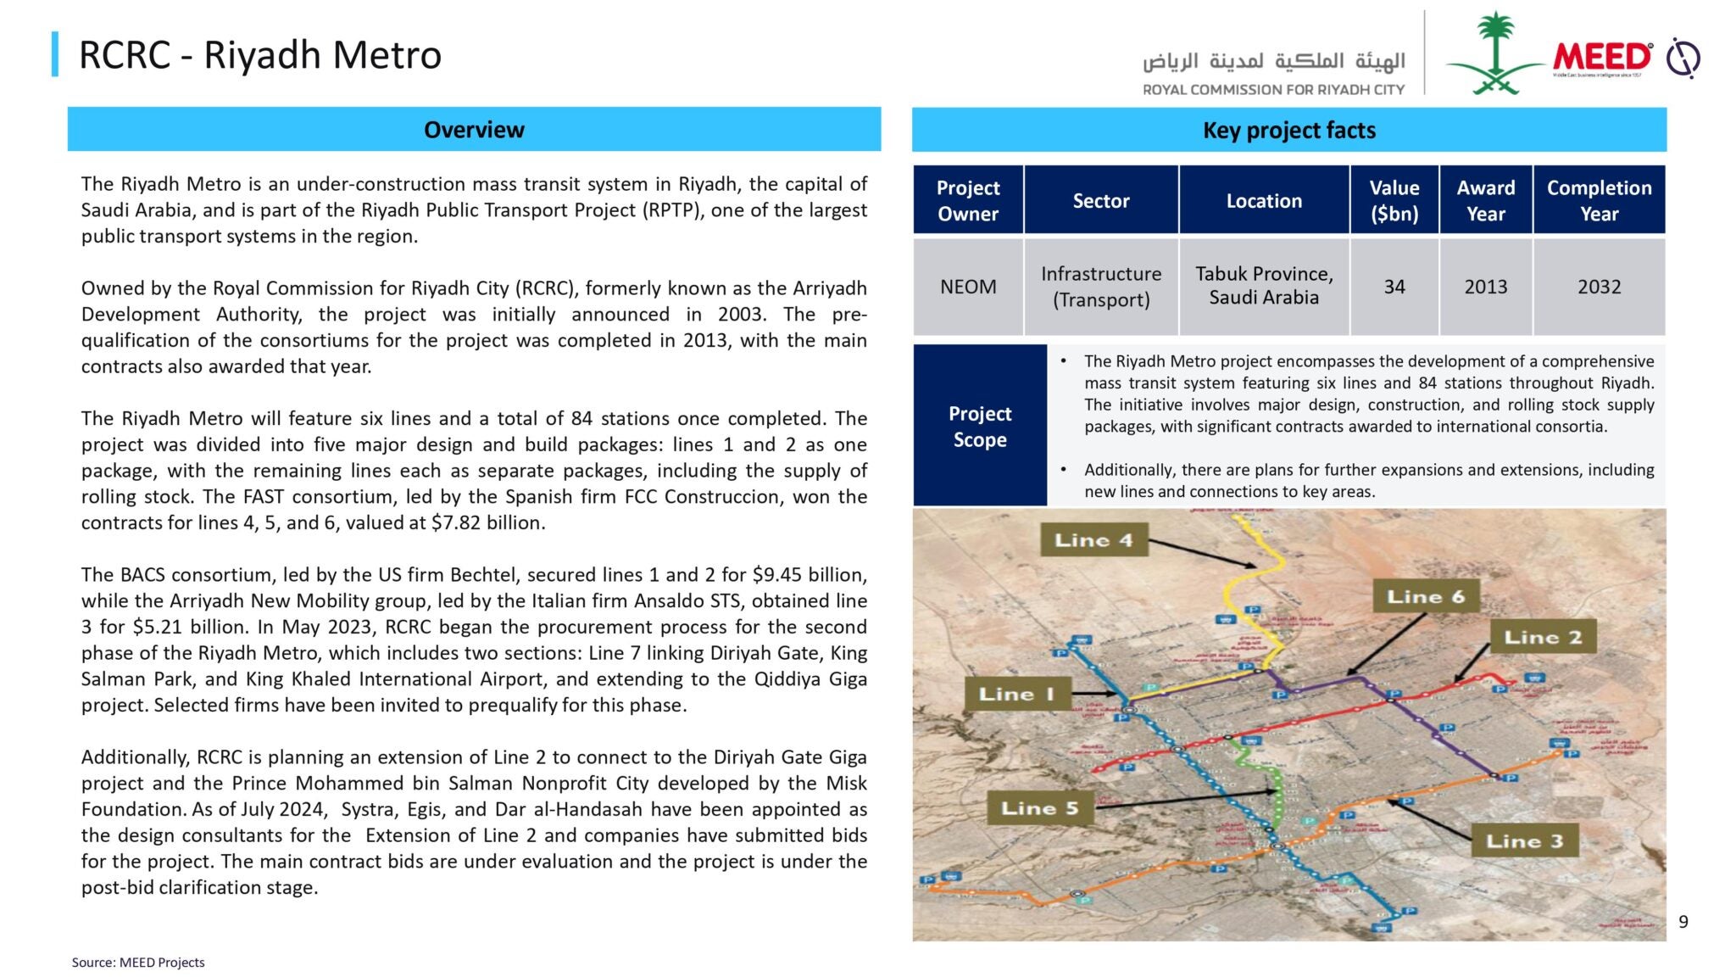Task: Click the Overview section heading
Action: pos(474,130)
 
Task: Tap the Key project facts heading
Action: pos(1288,131)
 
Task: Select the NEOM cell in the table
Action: pos(968,287)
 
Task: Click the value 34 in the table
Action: pos(1394,287)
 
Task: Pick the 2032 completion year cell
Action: pos(1599,287)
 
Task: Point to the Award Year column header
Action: pos(1485,200)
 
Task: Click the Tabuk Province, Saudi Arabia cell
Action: pos(1264,286)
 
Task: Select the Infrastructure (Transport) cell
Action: pos(1101,287)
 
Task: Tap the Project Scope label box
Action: pos(979,426)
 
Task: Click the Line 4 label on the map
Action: pos(1093,540)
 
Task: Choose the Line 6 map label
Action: pos(1425,597)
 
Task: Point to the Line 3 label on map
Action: pos(1524,840)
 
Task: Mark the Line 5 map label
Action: pos(1039,808)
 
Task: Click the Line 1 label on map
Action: pos(1015,694)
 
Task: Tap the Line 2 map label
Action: pos(1543,637)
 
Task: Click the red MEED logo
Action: pos(1601,57)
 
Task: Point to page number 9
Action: pos(1683,922)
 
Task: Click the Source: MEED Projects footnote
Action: pos(138,963)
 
